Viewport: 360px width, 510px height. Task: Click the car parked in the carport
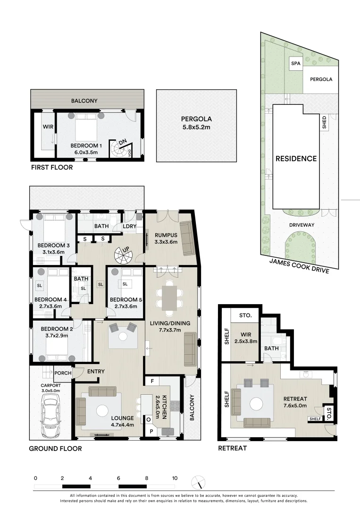50,415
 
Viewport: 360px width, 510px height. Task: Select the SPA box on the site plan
295,63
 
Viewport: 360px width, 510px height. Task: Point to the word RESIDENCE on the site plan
296,159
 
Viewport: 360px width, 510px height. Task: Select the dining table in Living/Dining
169,297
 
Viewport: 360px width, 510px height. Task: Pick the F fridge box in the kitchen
152,381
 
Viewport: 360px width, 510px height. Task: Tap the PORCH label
63,373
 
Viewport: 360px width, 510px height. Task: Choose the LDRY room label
130,226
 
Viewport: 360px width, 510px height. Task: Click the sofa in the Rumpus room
187,238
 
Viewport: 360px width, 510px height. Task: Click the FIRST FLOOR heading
52,167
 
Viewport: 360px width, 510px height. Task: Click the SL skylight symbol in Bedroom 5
125,284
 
